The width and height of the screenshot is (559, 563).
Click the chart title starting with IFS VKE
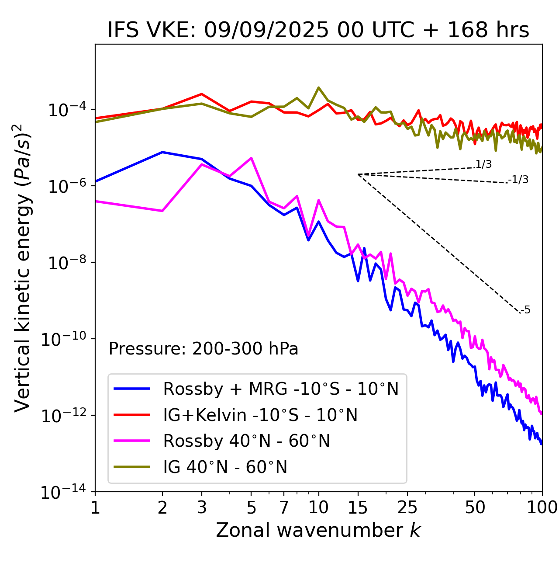point(318,31)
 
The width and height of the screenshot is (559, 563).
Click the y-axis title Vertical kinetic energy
point(23,268)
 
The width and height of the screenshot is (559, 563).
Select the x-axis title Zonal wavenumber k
point(318,530)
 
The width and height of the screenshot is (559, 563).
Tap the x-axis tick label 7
point(284,507)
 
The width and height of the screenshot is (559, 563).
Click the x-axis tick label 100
point(542,507)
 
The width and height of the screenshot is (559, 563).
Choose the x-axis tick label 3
point(202,507)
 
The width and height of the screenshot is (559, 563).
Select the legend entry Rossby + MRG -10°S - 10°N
point(281,389)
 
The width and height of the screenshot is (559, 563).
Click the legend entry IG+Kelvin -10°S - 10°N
point(260,415)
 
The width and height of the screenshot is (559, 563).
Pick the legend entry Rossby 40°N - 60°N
point(246,441)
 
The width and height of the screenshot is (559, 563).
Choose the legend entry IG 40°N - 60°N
point(225,467)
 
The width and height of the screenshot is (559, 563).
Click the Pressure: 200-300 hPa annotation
point(204,349)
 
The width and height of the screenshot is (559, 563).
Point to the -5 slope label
point(525,310)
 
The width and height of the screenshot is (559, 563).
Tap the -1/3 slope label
point(518,180)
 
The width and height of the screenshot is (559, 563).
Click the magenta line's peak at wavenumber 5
point(251,158)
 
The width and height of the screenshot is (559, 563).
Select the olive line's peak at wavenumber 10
point(319,87)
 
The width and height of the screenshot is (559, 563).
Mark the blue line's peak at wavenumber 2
point(162,152)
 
